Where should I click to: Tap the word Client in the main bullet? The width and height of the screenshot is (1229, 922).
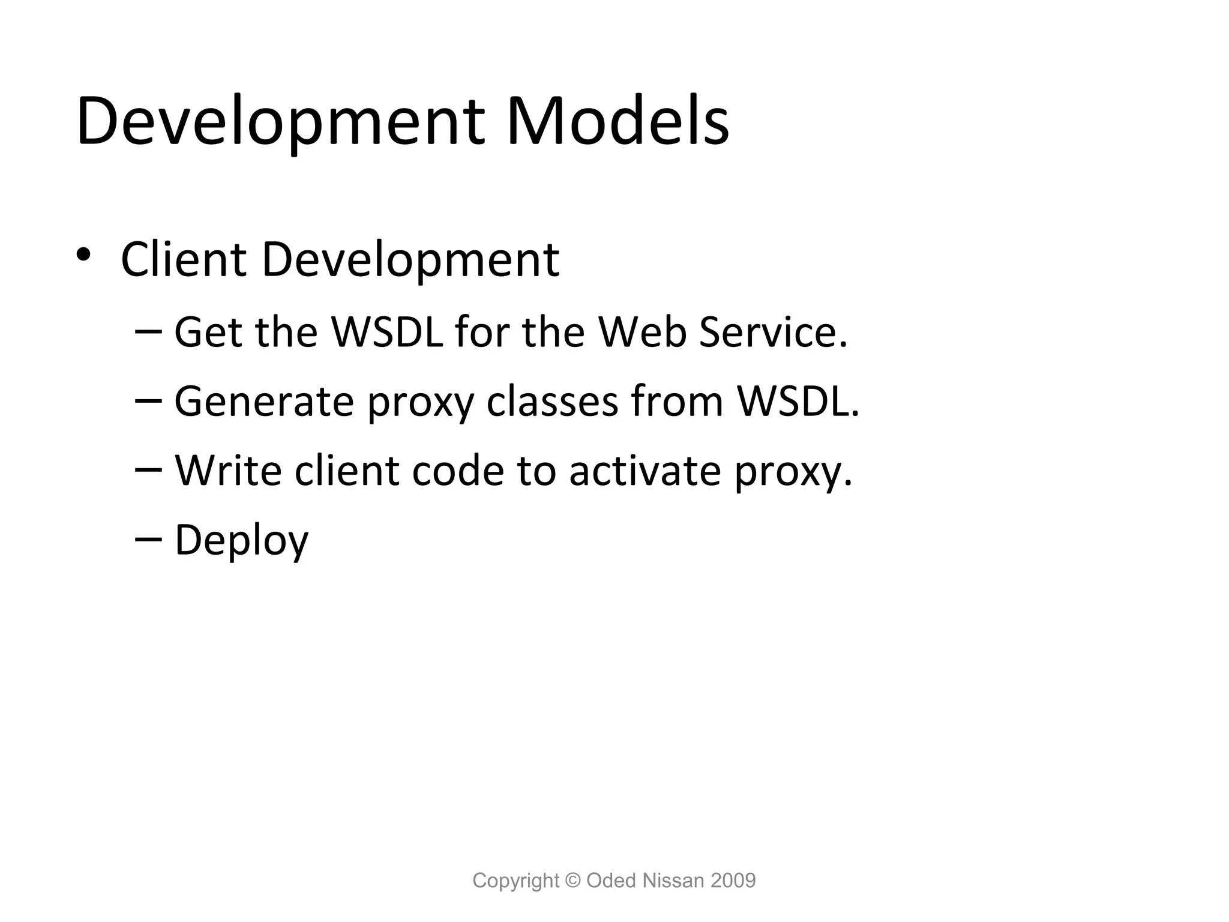pyautogui.click(x=184, y=260)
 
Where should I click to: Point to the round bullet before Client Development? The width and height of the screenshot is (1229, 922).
pyautogui.click(x=83, y=254)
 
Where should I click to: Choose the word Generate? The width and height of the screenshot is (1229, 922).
pyautogui.click(x=264, y=402)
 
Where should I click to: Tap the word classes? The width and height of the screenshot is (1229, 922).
pyautogui.click(x=552, y=402)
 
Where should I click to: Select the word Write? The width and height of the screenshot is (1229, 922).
pyautogui.click(x=228, y=471)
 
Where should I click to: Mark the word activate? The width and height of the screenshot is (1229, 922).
pyautogui.click(x=645, y=471)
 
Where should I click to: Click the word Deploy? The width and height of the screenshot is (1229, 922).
pyautogui.click(x=241, y=540)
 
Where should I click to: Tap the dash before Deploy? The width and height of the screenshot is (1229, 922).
pyautogui.click(x=148, y=539)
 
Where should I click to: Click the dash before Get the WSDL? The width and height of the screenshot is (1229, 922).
pyautogui.click(x=148, y=331)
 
